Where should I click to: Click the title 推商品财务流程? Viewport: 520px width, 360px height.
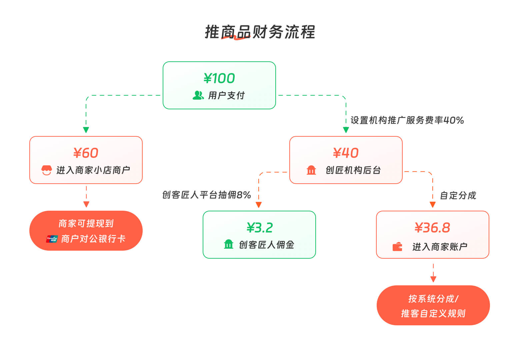[x=260, y=32]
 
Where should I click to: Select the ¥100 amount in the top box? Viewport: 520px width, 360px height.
[x=219, y=78]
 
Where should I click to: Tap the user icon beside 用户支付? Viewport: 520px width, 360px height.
[x=198, y=95]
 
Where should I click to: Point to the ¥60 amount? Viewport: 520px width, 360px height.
[x=86, y=153]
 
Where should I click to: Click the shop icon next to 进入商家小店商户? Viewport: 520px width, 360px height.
[x=47, y=170]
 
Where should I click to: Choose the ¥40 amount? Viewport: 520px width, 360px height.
[x=346, y=153]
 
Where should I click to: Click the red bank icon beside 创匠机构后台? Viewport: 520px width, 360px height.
[x=311, y=170]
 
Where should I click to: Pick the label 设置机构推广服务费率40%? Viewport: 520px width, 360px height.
[x=407, y=120]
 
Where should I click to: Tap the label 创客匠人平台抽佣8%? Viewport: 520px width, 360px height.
[x=206, y=195]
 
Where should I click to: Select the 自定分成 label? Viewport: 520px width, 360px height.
[x=458, y=195]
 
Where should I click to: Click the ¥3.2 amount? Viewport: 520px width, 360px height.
[x=259, y=228]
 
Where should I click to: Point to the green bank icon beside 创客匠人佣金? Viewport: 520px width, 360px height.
[x=228, y=244]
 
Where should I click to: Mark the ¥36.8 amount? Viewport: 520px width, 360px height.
[x=432, y=228]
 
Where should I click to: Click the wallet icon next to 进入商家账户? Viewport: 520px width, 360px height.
[x=397, y=247]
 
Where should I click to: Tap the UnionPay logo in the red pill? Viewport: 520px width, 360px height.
[x=52, y=239]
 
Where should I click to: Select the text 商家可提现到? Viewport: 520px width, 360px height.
[x=86, y=223]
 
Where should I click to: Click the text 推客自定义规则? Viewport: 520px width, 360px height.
[x=433, y=313]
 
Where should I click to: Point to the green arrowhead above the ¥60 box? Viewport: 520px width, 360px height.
[x=86, y=130]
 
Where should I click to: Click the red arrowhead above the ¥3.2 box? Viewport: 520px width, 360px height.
[x=259, y=205]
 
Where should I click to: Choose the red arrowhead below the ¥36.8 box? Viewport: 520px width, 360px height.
[x=433, y=279]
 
